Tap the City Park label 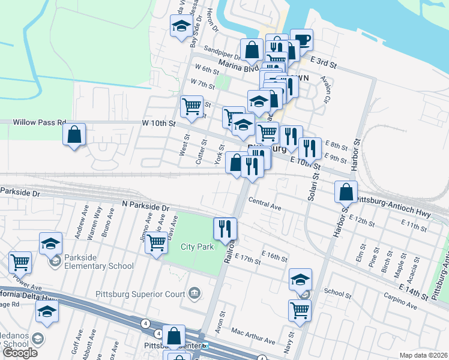tap(197, 247)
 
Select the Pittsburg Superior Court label tap(140, 294)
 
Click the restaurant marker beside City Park tap(225, 228)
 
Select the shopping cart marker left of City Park tap(156, 243)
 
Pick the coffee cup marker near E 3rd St tap(301, 40)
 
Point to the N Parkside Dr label tap(145, 206)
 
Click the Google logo tap(20, 353)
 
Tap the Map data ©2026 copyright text tap(423, 355)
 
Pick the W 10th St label tap(158, 124)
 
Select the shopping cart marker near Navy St tap(300, 311)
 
